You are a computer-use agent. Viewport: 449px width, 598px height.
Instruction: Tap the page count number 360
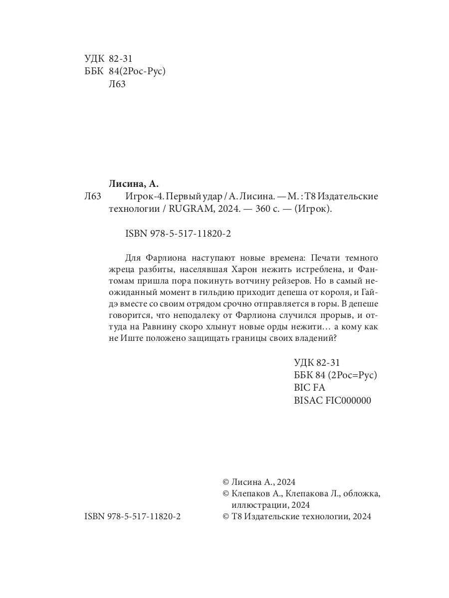(x=263, y=209)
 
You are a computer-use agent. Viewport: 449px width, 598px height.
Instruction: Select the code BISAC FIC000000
(x=333, y=400)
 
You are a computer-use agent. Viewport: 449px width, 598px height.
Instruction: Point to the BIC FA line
(x=310, y=387)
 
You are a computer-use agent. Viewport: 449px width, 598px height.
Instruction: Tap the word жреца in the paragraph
(x=121, y=271)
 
